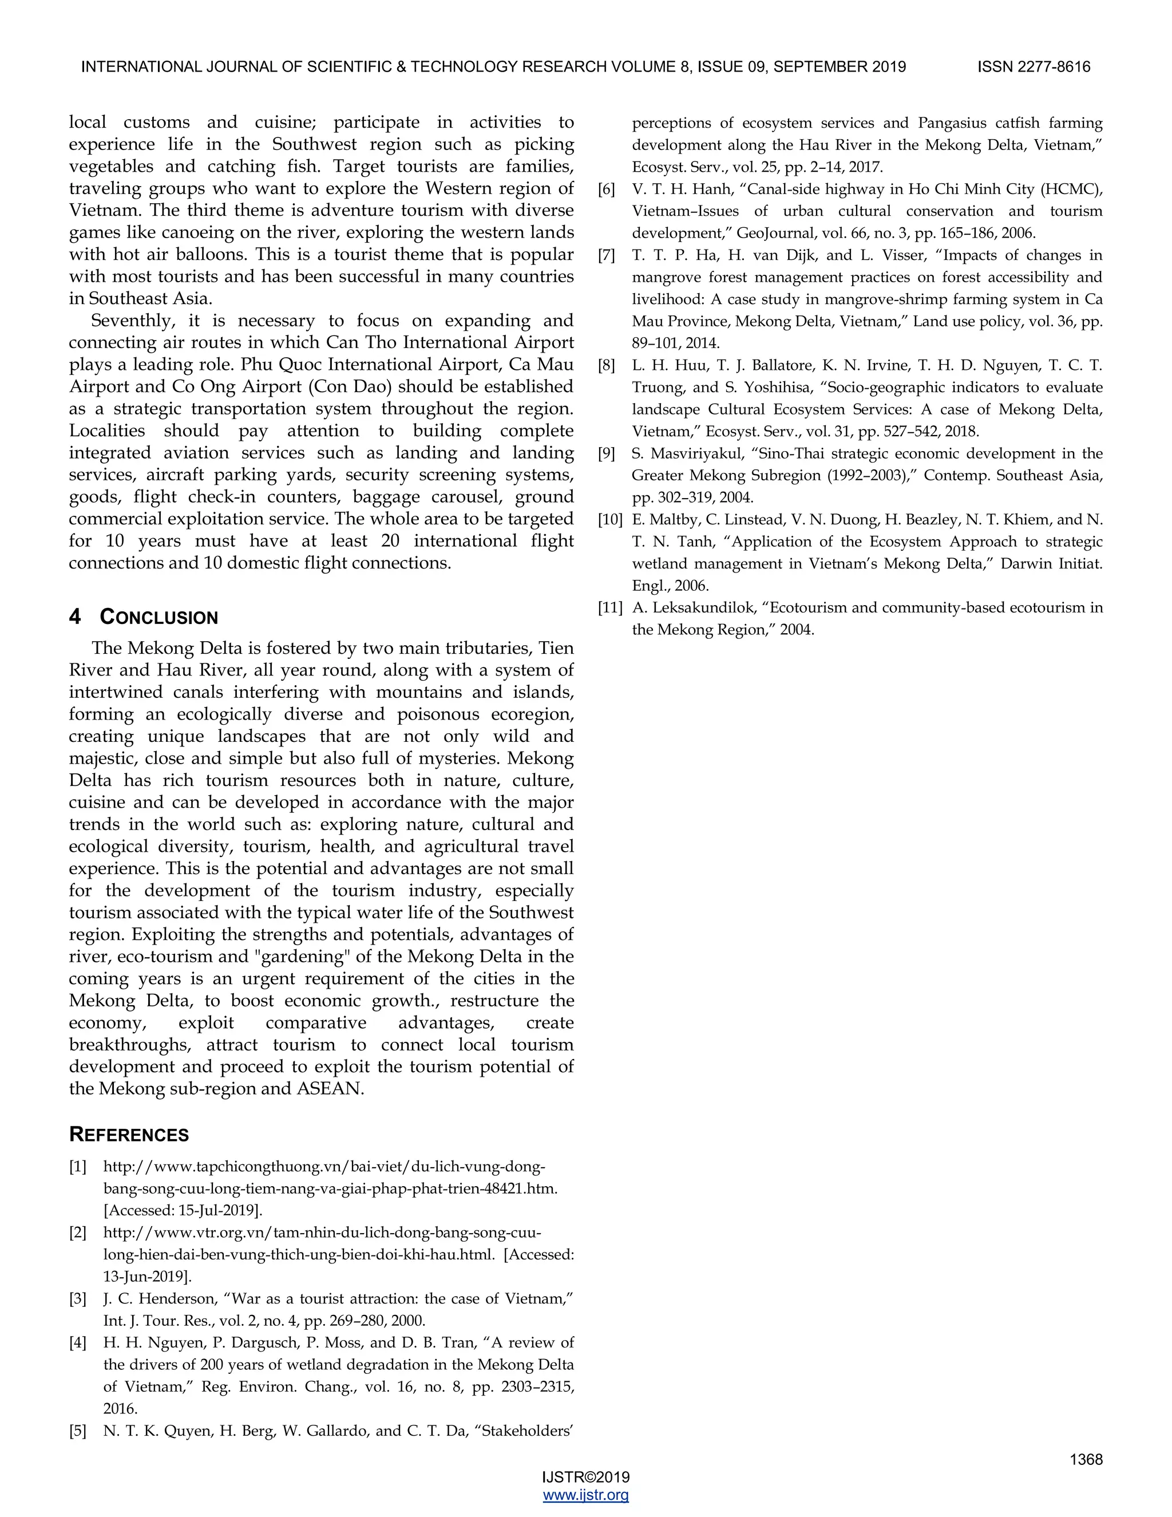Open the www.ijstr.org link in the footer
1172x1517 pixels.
585,1495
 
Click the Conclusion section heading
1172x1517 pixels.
159,617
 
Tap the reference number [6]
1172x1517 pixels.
606,189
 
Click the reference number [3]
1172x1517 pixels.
78,1298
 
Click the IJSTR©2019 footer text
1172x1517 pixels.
585,1478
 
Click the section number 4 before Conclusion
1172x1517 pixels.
75,617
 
